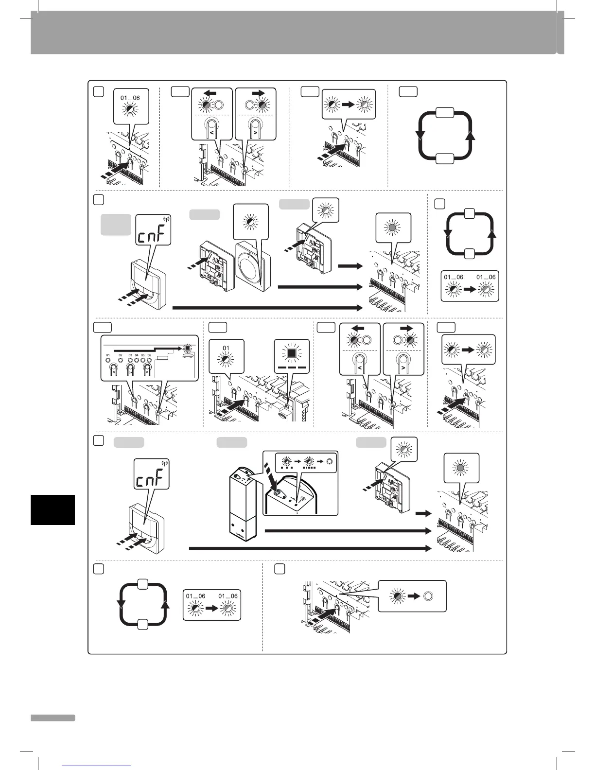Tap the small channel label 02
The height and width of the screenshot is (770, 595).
(x=120, y=356)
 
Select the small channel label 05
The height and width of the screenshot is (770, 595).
(x=143, y=356)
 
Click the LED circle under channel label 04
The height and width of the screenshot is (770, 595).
(x=137, y=361)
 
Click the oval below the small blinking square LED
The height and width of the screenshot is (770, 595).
(x=187, y=355)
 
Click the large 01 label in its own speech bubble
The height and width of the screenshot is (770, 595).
(x=226, y=348)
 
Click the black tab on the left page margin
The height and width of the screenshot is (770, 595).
(x=52, y=509)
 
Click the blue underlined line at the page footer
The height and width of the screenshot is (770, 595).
(x=97, y=766)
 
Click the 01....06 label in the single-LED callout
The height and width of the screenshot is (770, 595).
(x=130, y=98)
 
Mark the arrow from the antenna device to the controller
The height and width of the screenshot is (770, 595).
(x=348, y=531)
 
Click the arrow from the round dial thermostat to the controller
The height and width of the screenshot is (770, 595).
(x=320, y=287)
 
